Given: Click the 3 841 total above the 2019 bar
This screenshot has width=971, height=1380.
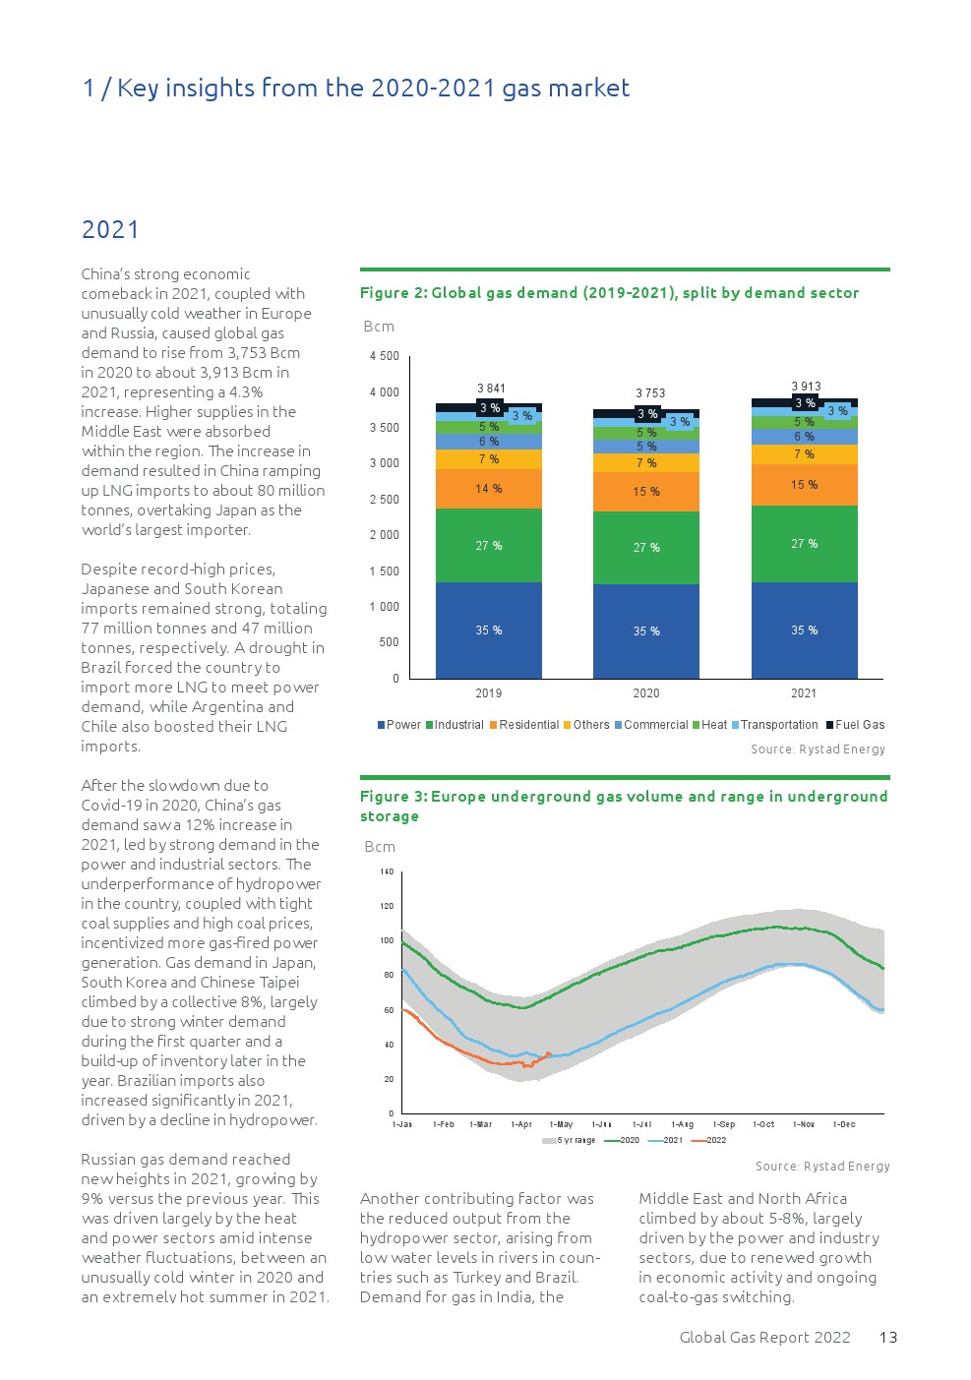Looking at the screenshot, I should click(x=491, y=389).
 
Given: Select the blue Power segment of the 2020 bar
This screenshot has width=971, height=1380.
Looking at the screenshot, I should click(x=646, y=631).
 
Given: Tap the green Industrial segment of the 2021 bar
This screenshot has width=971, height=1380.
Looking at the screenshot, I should click(x=804, y=544).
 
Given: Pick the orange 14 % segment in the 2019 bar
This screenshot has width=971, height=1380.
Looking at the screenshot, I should click(x=489, y=489).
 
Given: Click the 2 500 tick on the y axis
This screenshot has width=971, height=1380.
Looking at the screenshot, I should click(x=384, y=500).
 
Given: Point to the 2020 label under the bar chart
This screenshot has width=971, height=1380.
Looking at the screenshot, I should click(x=646, y=693).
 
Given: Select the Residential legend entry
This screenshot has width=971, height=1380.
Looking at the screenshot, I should click(x=524, y=725).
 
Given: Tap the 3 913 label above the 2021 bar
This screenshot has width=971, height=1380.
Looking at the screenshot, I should click(x=806, y=387).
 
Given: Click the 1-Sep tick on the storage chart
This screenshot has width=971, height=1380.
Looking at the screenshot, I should click(x=724, y=1124).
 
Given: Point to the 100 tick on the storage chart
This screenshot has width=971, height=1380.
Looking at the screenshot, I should click(x=387, y=940).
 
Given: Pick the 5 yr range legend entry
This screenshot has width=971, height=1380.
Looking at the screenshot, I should click(x=570, y=1140).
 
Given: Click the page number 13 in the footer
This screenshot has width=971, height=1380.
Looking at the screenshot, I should click(x=888, y=1338).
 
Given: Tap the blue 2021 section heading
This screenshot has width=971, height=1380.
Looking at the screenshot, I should click(x=110, y=230).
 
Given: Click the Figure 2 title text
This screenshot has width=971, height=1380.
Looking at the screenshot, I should click(x=609, y=293).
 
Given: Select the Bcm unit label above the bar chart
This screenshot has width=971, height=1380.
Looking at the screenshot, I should click(x=379, y=327).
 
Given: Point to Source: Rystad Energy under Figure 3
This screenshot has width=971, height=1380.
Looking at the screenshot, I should click(x=822, y=1167).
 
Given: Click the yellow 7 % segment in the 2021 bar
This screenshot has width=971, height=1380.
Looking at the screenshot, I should click(x=804, y=454).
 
